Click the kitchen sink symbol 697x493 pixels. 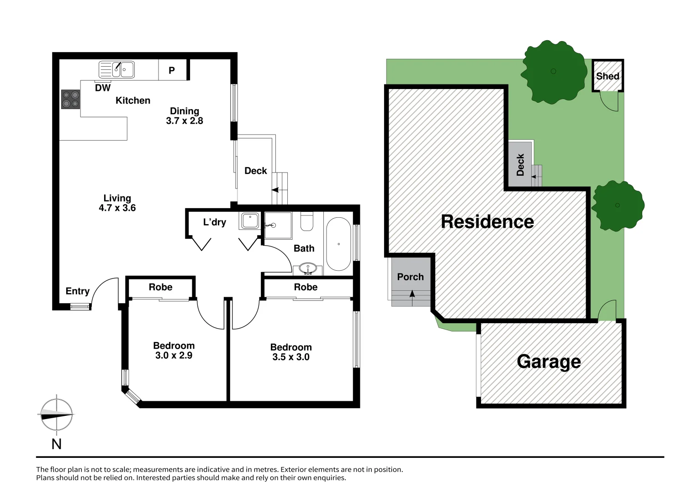(x=117, y=70)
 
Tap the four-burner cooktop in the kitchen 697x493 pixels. (x=70, y=99)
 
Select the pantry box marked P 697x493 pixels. (x=172, y=70)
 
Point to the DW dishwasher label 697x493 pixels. (x=103, y=88)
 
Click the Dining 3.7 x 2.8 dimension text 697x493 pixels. (x=185, y=116)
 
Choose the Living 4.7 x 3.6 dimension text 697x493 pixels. (x=117, y=203)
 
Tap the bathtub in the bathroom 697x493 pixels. (x=338, y=244)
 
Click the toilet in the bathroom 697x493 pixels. (x=307, y=221)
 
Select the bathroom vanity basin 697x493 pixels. (x=308, y=267)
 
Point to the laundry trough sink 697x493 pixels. (x=250, y=221)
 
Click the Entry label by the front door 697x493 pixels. (x=77, y=291)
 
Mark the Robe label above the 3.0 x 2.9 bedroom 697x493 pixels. (x=160, y=287)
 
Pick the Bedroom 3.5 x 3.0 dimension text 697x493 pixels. (x=291, y=352)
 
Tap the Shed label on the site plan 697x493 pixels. (x=607, y=76)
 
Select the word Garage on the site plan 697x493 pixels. (x=549, y=362)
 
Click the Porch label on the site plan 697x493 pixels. (x=410, y=277)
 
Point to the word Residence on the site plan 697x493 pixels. (x=487, y=222)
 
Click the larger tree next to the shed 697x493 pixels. (x=554, y=72)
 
